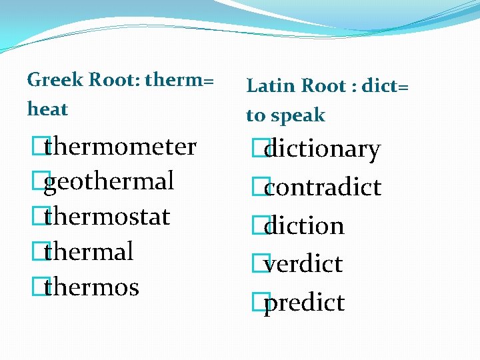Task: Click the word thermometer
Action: point(120,147)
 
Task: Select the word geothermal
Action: point(109,181)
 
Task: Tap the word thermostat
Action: point(107,217)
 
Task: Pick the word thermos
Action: point(91,287)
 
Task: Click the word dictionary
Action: point(322,149)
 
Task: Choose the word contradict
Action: point(323,187)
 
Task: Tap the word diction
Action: point(304,226)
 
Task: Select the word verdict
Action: point(303,264)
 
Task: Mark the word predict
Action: point(304,303)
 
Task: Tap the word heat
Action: point(47,109)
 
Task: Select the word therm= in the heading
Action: point(179,80)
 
